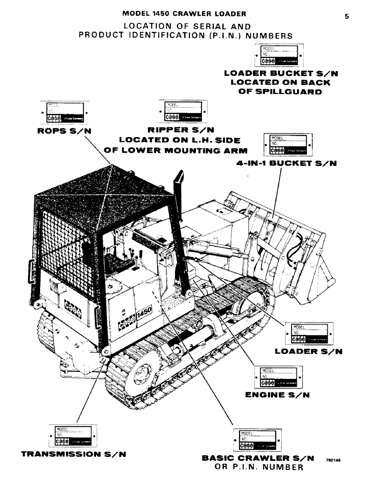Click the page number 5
click(346, 16)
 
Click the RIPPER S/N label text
click(181, 130)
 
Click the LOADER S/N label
click(308, 352)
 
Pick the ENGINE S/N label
click(277, 395)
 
